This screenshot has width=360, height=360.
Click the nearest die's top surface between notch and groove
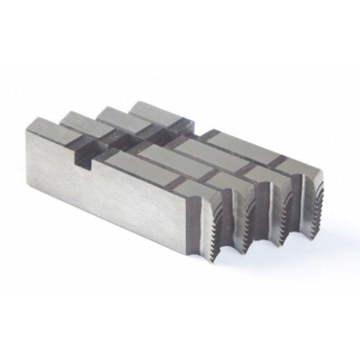[135, 166]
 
